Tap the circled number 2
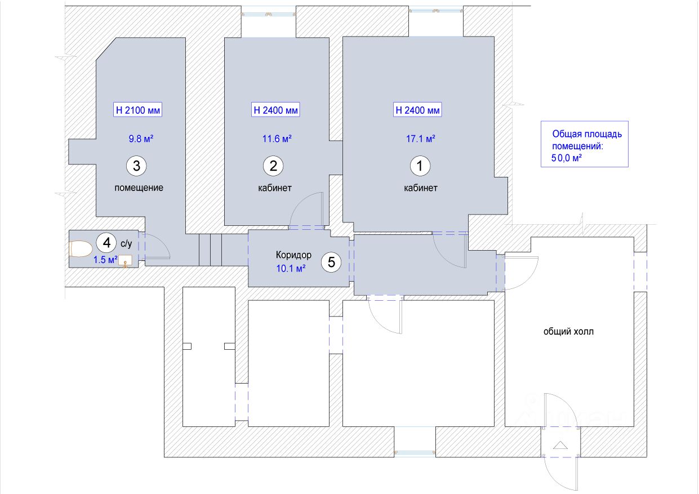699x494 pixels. [x=273, y=166]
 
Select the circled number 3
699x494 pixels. [x=136, y=166]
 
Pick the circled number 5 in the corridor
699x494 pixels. [x=331, y=262]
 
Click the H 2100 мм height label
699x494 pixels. [x=138, y=110]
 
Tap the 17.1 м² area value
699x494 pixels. [x=420, y=139]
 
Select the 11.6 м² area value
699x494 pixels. [x=276, y=139]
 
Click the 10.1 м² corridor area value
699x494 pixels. [x=291, y=269]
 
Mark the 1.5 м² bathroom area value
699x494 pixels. [x=105, y=260]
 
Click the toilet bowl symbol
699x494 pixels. [x=82, y=249]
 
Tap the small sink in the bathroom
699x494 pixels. [x=126, y=260]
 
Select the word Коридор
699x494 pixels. [x=293, y=255]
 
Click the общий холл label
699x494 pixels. [x=568, y=332]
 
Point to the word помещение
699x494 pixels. [x=139, y=188]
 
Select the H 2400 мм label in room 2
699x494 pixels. [x=275, y=110]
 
